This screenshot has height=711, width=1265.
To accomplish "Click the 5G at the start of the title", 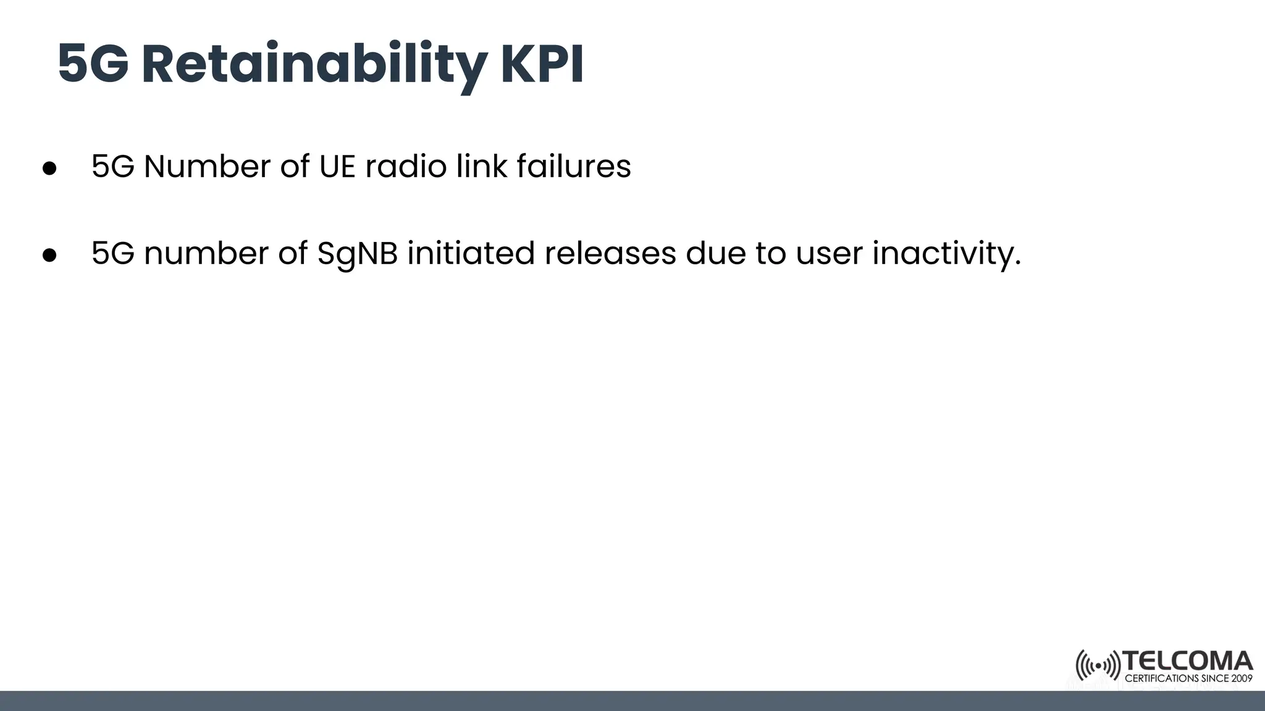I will pyautogui.click(x=93, y=65).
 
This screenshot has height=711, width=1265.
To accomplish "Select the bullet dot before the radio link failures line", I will pyautogui.click(x=49, y=168).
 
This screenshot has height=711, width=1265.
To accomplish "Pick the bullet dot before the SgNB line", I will pyautogui.click(x=49, y=254).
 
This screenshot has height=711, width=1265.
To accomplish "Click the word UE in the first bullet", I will pyautogui.click(x=337, y=167).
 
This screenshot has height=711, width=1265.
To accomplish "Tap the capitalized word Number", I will pyautogui.click(x=207, y=167).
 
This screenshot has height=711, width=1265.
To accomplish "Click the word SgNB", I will pyautogui.click(x=358, y=254).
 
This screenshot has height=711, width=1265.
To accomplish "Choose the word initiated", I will pyautogui.click(x=471, y=253).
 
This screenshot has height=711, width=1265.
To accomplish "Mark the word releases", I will pyautogui.click(x=610, y=253).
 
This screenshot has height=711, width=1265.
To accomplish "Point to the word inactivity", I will pyautogui.click(x=946, y=254).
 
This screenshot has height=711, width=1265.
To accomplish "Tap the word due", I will pyautogui.click(x=716, y=253).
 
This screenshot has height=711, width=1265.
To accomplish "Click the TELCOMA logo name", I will pyautogui.click(x=1188, y=662).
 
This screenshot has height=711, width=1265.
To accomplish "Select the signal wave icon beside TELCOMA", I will pyautogui.click(x=1098, y=665).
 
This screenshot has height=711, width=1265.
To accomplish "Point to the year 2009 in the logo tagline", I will pyautogui.click(x=1241, y=678).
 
